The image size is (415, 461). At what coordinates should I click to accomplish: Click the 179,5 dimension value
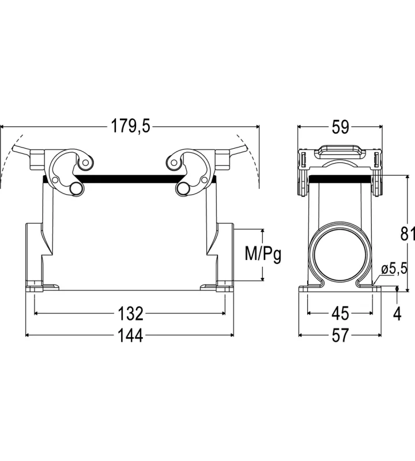coord(130,126)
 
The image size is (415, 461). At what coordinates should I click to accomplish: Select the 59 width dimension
coord(340,127)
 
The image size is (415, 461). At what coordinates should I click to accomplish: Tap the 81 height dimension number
coord(408,234)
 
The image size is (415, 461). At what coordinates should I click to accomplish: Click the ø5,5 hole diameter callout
coord(394,269)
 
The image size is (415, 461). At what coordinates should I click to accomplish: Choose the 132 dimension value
coord(130,313)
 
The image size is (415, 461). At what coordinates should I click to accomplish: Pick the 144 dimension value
coord(130,335)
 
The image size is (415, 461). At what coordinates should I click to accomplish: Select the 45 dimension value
coord(340,313)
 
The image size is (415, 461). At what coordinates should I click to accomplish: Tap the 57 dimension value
coord(340,335)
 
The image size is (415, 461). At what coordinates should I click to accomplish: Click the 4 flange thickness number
coord(397,313)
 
